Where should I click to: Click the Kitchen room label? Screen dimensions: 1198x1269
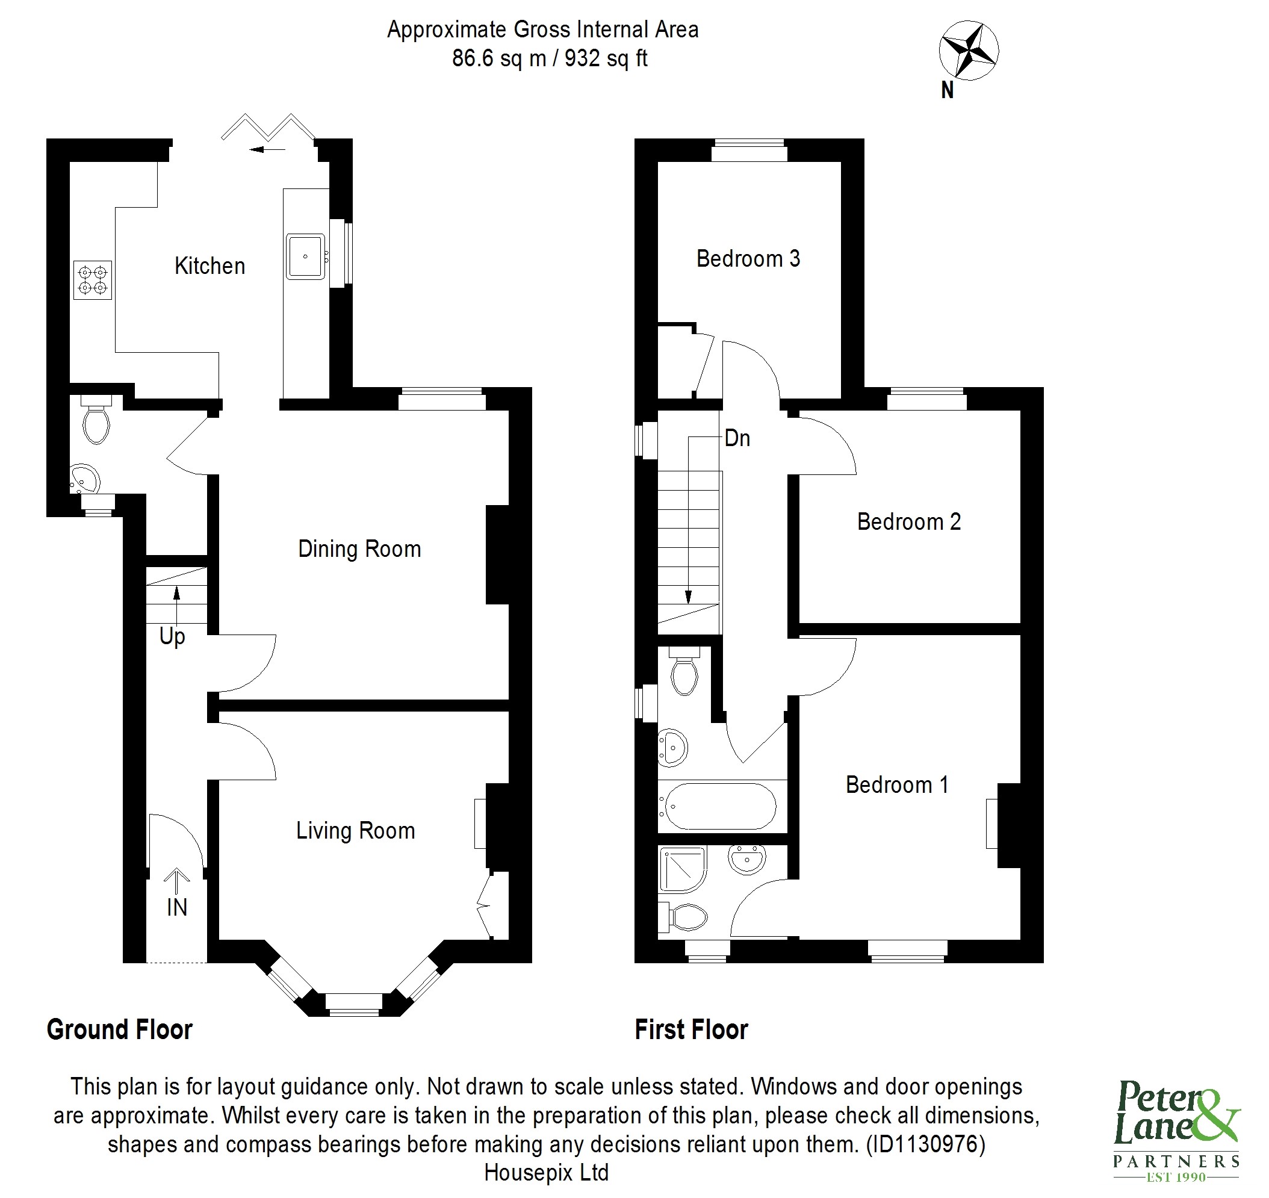pyautogui.click(x=209, y=265)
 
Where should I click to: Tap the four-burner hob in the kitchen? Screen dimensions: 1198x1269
pyautogui.click(x=93, y=281)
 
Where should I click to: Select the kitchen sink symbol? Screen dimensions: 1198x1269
pyautogui.click(x=305, y=256)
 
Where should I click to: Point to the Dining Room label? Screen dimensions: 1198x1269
pyautogui.click(x=359, y=549)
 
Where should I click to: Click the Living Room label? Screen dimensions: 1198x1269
pyautogui.click(x=355, y=831)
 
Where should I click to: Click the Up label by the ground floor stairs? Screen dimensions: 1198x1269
pyautogui.click(x=172, y=636)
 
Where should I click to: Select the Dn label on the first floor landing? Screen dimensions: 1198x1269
pyautogui.click(x=737, y=438)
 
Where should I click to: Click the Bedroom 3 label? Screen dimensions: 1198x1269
pyautogui.click(x=747, y=259)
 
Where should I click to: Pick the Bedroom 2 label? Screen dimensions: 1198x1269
pyautogui.click(x=908, y=522)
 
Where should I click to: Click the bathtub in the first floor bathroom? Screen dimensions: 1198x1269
pyautogui.click(x=721, y=807)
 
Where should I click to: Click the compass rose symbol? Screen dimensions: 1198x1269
pyautogui.click(x=968, y=51)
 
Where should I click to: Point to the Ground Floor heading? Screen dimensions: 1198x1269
pyautogui.click(x=119, y=1030)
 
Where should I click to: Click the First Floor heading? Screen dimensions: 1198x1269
pyautogui.click(x=691, y=1030)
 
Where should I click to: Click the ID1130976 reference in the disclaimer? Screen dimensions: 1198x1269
pyautogui.click(x=925, y=1144)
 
